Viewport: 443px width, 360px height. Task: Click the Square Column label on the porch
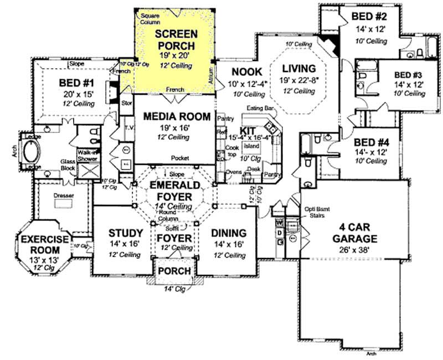click(150, 18)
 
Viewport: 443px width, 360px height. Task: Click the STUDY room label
click(126, 233)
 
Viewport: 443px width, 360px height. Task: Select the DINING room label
click(229, 233)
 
